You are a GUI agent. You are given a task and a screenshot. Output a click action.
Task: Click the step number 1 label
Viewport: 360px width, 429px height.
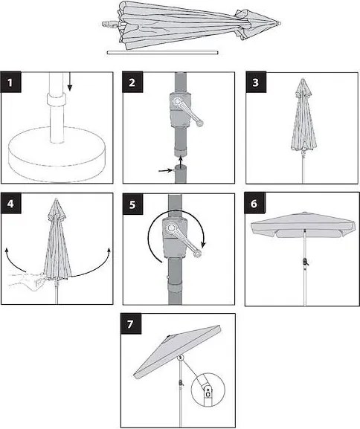pyautogui.click(x=11, y=82)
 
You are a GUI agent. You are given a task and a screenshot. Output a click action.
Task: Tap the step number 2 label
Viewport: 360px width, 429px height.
pyautogui.click(x=132, y=82)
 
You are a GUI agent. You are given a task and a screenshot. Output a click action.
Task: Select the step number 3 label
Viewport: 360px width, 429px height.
pyautogui.click(x=256, y=82)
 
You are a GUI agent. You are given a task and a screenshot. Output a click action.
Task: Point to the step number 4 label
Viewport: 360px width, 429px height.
pyautogui.click(x=11, y=204)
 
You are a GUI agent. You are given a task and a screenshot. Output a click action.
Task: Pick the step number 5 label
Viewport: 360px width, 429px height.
pyautogui.click(x=132, y=204)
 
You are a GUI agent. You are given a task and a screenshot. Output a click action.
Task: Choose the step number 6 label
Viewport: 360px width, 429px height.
pyautogui.click(x=254, y=203)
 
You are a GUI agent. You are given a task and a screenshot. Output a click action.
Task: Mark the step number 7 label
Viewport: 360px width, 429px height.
pyautogui.click(x=131, y=324)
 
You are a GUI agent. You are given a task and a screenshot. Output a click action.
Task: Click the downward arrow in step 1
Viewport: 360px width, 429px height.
pyautogui.click(x=70, y=81)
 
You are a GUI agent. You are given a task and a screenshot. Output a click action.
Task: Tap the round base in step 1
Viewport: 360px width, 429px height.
pyautogui.click(x=57, y=154)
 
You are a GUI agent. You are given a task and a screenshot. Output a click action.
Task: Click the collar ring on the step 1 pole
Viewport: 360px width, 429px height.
pyautogui.click(x=56, y=100)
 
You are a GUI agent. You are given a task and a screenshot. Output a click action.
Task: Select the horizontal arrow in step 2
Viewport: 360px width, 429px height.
pyautogui.click(x=166, y=170)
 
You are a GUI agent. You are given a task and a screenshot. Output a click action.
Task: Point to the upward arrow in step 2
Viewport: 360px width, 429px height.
pyautogui.click(x=181, y=162)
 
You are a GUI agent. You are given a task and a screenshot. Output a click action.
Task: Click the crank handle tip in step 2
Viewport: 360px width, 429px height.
pyautogui.click(x=199, y=123)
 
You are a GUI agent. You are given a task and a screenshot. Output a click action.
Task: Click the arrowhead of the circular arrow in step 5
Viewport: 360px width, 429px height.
pyautogui.click(x=203, y=243)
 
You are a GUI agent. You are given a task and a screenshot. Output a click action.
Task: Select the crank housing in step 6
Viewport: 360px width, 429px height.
pyautogui.click(x=305, y=262)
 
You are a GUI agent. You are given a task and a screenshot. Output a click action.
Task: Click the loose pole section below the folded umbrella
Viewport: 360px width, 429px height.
pyautogui.click(x=163, y=53)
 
